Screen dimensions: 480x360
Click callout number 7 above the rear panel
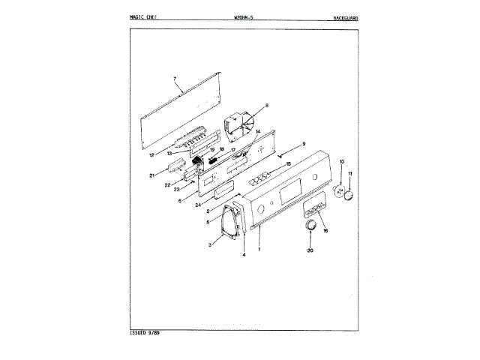point(174,79)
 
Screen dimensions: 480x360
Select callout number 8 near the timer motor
point(266,106)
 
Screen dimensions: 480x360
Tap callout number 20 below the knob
point(310,250)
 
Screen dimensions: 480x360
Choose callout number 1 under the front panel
point(259,249)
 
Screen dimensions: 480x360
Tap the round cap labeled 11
point(348,194)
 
